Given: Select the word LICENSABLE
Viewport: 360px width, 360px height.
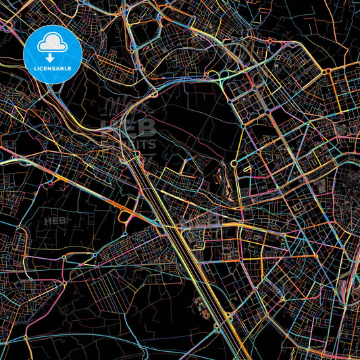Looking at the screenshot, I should pos(53,68).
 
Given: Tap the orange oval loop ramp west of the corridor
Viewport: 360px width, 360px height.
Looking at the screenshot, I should pos(126,216).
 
